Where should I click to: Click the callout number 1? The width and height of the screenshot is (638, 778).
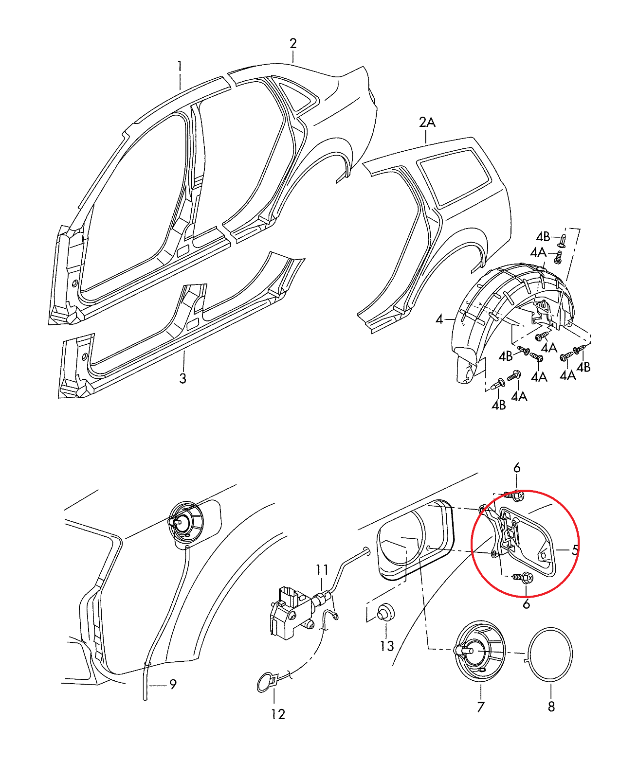(180, 67)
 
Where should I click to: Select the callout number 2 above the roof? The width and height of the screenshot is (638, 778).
(293, 44)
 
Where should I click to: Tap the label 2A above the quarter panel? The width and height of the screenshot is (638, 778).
(427, 122)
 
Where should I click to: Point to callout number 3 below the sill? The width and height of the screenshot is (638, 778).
(182, 378)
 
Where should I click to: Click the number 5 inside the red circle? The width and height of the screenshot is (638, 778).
(575, 550)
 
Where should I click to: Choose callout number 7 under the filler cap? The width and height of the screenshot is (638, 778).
(481, 707)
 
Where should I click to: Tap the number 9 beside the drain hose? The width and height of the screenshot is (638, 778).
(173, 685)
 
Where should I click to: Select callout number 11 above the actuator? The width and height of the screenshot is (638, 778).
(322, 569)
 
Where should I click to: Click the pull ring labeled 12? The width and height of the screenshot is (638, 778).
(266, 682)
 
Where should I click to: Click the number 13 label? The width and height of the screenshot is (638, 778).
(387, 646)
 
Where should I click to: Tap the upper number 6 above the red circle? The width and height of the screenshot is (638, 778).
(517, 468)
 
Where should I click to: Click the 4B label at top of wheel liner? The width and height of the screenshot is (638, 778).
(543, 237)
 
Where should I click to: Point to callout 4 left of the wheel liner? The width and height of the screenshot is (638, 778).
(439, 319)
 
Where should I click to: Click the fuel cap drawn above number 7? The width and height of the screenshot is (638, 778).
(479, 651)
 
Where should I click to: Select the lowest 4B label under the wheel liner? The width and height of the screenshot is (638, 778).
(499, 405)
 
